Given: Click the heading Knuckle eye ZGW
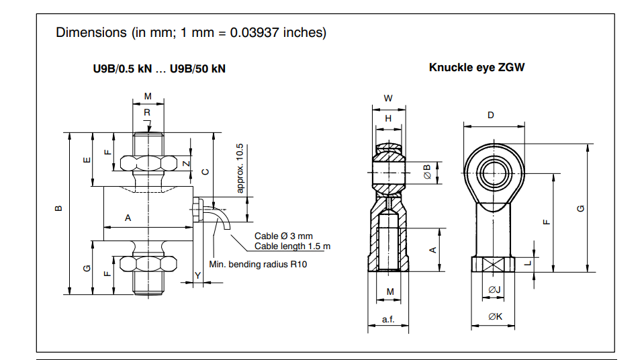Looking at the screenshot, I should coord(477,68).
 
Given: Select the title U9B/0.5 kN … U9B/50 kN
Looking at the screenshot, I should coord(159,69).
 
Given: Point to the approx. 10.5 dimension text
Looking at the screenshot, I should coord(240,168).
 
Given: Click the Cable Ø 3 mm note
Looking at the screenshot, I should coord(283,236).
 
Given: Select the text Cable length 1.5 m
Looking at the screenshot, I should coord(292,246).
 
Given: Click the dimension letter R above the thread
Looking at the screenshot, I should coord(147,113).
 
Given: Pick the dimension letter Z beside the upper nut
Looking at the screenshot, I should coord(187,164).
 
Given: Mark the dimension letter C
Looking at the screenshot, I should coord(205,171).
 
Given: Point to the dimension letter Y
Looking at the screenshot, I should coord(197,275).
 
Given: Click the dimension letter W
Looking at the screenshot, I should coord(388,98).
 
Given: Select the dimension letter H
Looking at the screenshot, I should coord(388,118).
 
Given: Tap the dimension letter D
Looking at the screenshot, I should coord(491,116).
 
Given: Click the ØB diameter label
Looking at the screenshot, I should coord(427,172).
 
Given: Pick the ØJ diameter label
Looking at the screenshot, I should coord(494,289).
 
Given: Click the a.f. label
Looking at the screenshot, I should coord(388,320).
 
